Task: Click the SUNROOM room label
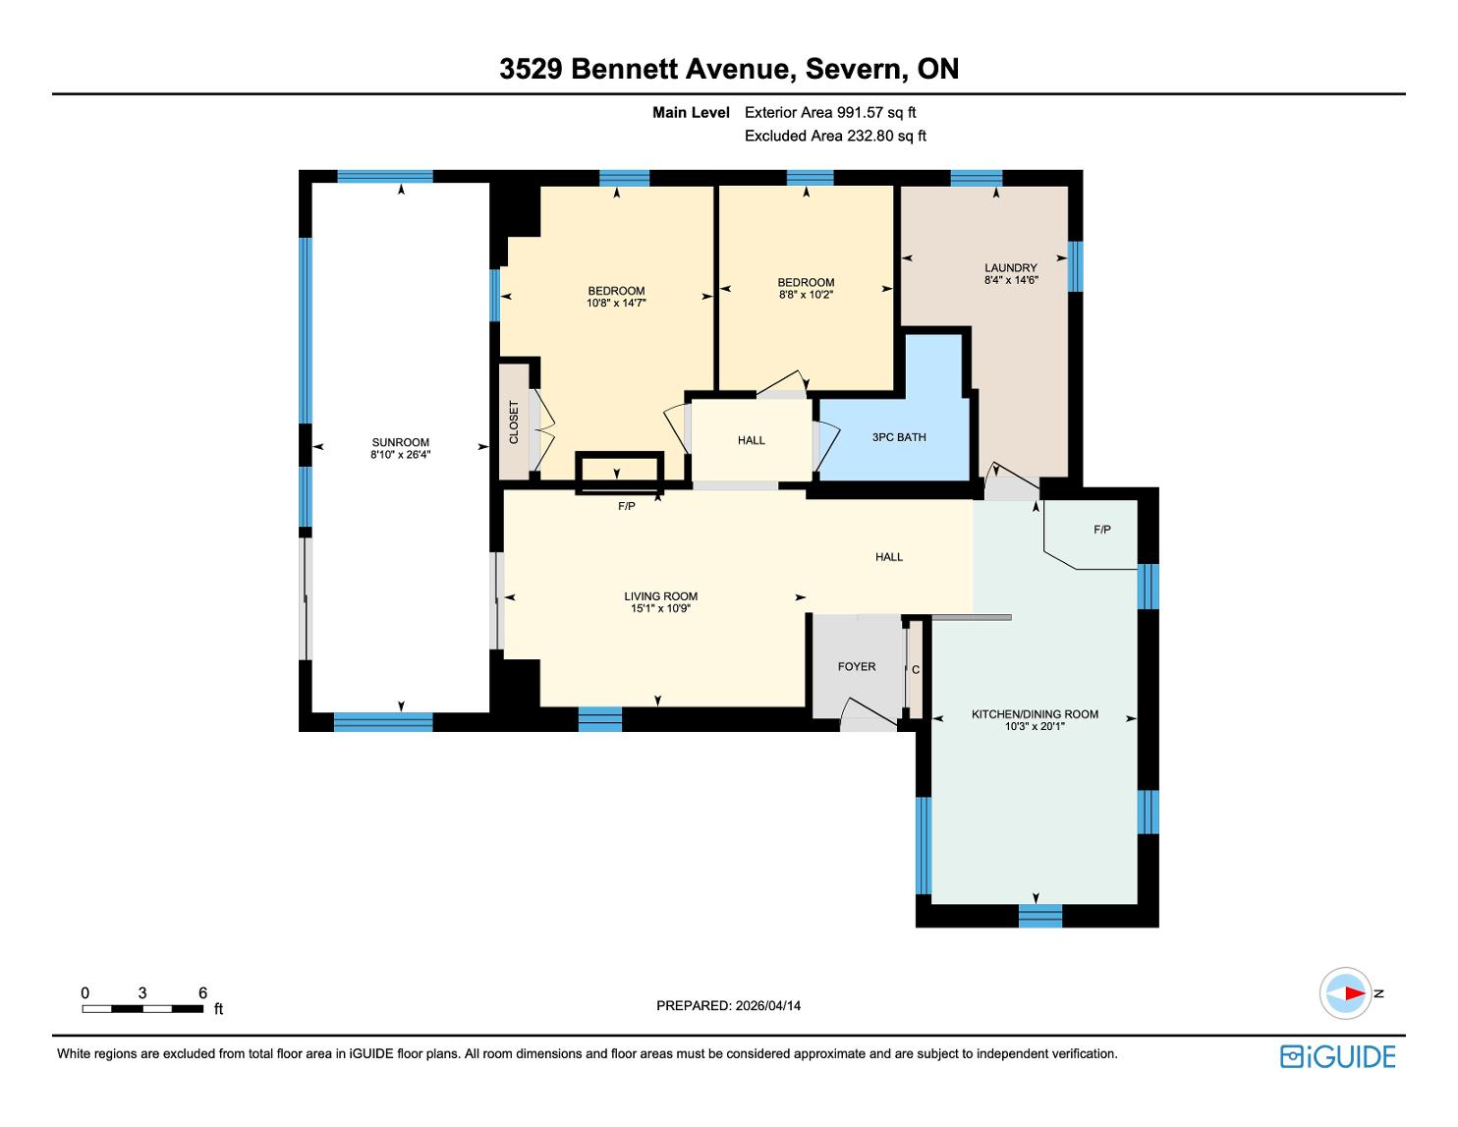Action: (x=401, y=442)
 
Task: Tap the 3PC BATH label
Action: (x=898, y=437)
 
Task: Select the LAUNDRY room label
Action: (x=1010, y=267)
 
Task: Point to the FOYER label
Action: (x=856, y=667)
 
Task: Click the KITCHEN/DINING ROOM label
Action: (x=1035, y=714)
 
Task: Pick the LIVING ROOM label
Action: (x=661, y=596)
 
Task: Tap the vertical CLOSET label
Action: (x=514, y=423)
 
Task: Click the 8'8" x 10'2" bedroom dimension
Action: (x=806, y=295)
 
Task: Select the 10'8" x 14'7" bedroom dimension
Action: (x=616, y=304)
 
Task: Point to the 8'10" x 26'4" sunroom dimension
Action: (x=401, y=455)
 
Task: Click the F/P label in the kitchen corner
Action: (x=1101, y=530)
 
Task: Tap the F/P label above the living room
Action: (x=627, y=506)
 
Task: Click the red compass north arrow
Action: (x=1355, y=993)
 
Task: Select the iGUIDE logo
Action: (x=1338, y=1056)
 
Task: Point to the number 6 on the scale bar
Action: (x=202, y=992)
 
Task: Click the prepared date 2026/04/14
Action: (x=767, y=1005)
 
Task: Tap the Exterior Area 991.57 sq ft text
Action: (x=830, y=113)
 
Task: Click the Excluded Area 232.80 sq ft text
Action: (x=835, y=137)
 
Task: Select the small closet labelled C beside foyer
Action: (x=916, y=670)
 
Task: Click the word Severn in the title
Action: (x=854, y=69)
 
